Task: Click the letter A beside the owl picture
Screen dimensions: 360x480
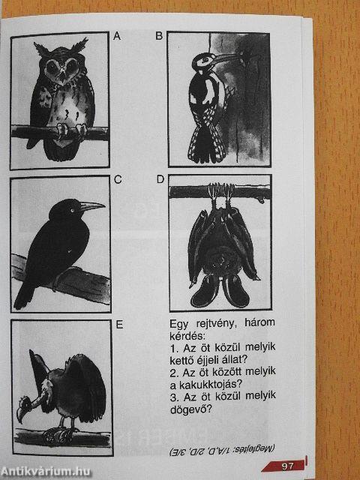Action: tap(117, 36)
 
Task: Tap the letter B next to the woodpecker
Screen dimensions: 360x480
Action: tap(159, 36)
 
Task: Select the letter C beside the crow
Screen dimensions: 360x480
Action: tap(118, 179)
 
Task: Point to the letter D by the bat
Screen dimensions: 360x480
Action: tap(160, 179)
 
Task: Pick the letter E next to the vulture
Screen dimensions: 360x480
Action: tap(119, 325)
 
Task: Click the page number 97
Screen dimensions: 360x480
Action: tap(287, 466)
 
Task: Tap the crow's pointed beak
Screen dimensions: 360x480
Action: tap(92, 207)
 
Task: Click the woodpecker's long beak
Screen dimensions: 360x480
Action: tap(226, 58)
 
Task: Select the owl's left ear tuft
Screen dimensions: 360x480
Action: tap(40, 49)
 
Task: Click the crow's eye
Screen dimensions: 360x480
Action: tap(73, 210)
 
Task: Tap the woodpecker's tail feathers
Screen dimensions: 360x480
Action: tap(205, 144)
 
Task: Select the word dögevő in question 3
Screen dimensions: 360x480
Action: tap(190, 409)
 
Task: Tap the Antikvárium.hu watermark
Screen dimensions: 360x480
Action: tap(46, 472)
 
